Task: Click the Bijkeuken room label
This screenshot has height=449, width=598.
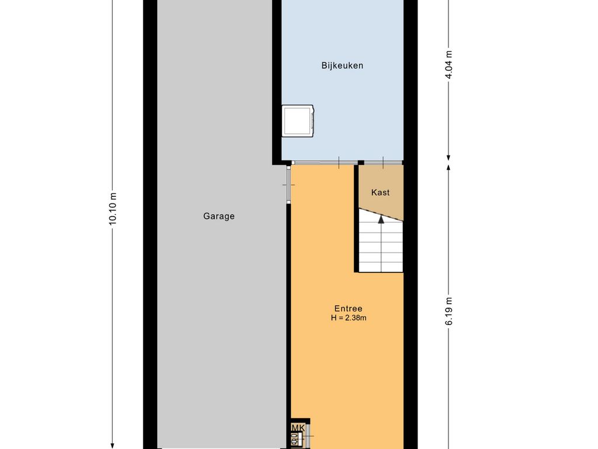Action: tap(342, 65)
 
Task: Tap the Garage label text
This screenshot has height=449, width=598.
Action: tap(219, 216)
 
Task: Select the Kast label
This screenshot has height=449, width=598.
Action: tap(380, 192)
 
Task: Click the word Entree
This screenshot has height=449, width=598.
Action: tap(348, 309)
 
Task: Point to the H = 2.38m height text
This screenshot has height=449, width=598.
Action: tap(348, 318)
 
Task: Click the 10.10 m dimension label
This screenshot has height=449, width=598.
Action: tap(113, 208)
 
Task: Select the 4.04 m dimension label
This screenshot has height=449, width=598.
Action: tap(448, 65)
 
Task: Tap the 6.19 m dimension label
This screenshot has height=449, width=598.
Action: tap(448, 315)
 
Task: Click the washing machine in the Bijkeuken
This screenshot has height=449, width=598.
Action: tap(298, 121)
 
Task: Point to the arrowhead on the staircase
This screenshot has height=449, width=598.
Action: tap(381, 219)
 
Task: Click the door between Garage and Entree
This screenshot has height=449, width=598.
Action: tap(288, 184)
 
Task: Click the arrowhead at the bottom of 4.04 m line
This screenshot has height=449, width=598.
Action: tap(448, 157)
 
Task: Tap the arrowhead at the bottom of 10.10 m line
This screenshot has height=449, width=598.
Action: tap(113, 445)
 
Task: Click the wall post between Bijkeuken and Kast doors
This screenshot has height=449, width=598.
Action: tap(361, 162)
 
